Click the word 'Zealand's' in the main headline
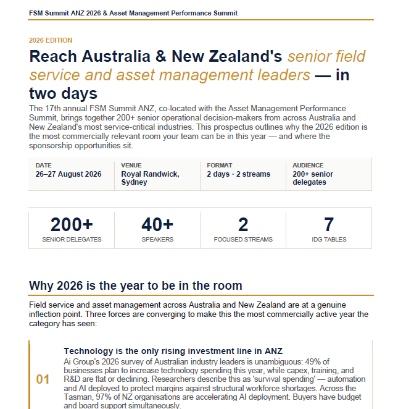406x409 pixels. [246, 56]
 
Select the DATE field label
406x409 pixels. [43, 166]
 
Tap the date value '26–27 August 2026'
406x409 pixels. [68, 174]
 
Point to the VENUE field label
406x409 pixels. [131, 166]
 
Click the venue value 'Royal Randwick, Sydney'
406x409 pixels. [150, 178]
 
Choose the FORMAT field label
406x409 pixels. [219, 166]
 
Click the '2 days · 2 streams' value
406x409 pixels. [238, 174]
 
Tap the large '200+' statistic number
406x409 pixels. [72, 224]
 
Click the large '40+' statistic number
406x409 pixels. [157, 224]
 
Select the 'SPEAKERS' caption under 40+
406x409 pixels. [157, 239]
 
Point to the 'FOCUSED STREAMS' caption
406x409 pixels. [243, 239]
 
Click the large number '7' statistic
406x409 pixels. [329, 224]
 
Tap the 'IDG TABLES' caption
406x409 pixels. [329, 239]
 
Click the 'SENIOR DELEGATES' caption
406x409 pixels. [72, 239]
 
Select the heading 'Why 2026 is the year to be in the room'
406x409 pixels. [135, 285]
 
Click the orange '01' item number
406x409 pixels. [43, 379]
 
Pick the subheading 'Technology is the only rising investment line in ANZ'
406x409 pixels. [183, 351]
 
